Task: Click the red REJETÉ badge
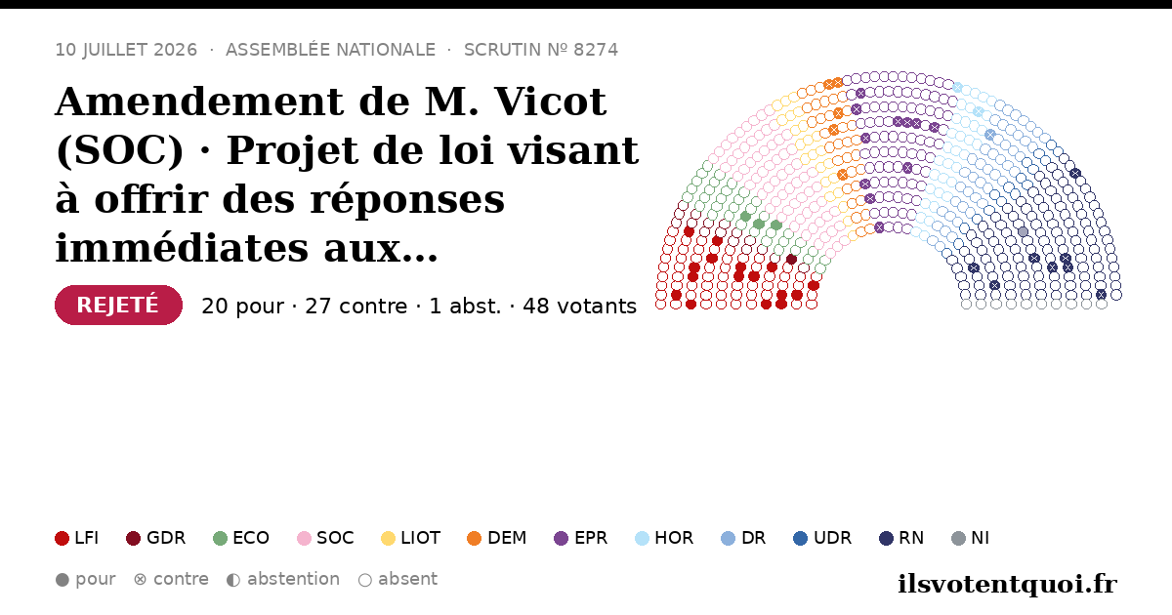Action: (118, 305)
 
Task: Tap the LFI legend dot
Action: (62, 538)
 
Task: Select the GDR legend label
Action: (166, 538)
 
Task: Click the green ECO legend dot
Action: (221, 538)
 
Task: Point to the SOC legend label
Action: (335, 538)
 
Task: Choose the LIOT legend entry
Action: (411, 538)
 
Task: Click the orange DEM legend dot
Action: (474, 538)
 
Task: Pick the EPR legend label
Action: (591, 538)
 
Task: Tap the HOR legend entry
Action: (664, 538)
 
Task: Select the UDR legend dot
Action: (801, 538)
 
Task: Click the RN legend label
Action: (911, 538)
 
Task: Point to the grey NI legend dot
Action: (958, 538)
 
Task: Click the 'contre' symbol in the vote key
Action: (141, 580)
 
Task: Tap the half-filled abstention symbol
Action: (233, 580)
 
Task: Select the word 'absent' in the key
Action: (407, 579)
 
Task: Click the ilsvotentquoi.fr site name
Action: (1007, 584)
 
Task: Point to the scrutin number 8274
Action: (596, 50)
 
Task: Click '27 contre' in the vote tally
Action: (356, 306)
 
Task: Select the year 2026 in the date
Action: (175, 50)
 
